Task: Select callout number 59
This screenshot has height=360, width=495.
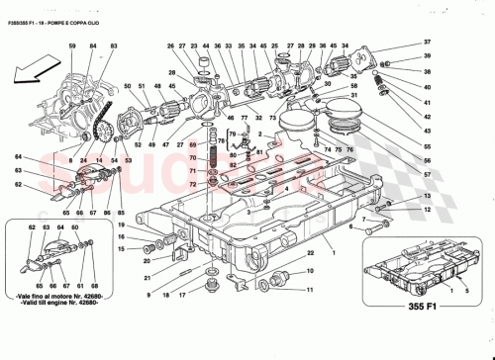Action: point(72,46)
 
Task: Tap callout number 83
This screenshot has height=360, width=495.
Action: point(113,46)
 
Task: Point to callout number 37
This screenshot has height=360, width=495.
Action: point(428,42)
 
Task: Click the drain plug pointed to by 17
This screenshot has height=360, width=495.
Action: point(208,286)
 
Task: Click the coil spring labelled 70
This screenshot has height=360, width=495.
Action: point(209,158)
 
